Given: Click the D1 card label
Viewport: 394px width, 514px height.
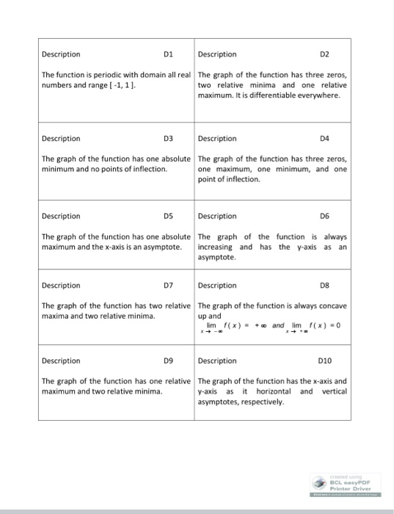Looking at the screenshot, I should point(167,54).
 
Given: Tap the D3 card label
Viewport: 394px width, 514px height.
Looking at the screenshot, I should point(167,138).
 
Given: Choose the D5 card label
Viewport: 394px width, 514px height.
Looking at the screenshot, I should point(167,216).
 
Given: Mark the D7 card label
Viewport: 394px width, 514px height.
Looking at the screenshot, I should point(167,285).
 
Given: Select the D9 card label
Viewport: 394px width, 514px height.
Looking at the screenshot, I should point(167,361).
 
